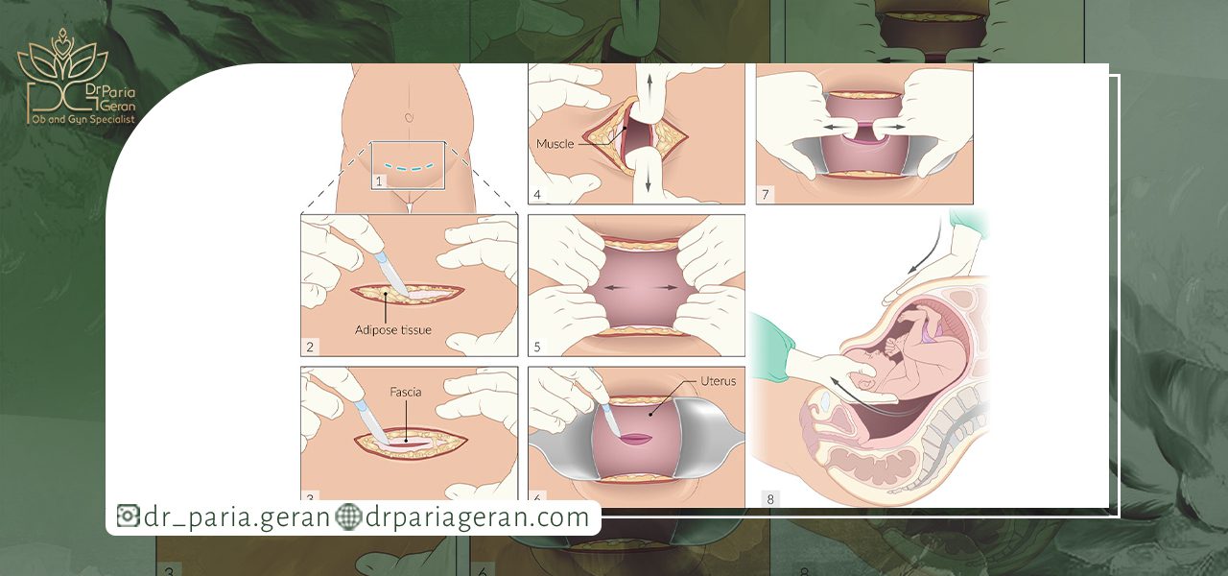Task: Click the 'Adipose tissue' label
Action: pyautogui.click(x=393, y=329)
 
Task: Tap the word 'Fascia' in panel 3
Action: pyautogui.click(x=406, y=392)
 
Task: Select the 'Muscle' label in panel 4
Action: pyautogui.click(x=555, y=144)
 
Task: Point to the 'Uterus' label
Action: pyautogui.click(x=719, y=381)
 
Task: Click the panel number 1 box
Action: pyautogui.click(x=378, y=181)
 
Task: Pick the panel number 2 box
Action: pyautogui.click(x=310, y=347)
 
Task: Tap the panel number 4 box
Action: pyautogui.click(x=536, y=194)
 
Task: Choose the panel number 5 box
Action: pyautogui.click(x=536, y=347)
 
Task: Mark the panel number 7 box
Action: pyautogui.click(x=766, y=194)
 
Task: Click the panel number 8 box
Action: pyautogui.click(x=770, y=498)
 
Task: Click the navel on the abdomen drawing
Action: pyautogui.click(x=409, y=117)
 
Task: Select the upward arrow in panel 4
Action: pyautogui.click(x=649, y=85)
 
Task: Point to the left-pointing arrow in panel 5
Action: pyautogui.click(x=615, y=287)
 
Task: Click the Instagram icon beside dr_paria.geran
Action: pyautogui.click(x=128, y=516)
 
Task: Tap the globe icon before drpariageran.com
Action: pyautogui.click(x=348, y=516)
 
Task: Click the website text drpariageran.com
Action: pyautogui.click(x=477, y=516)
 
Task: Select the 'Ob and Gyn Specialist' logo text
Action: pyautogui.click(x=83, y=119)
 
